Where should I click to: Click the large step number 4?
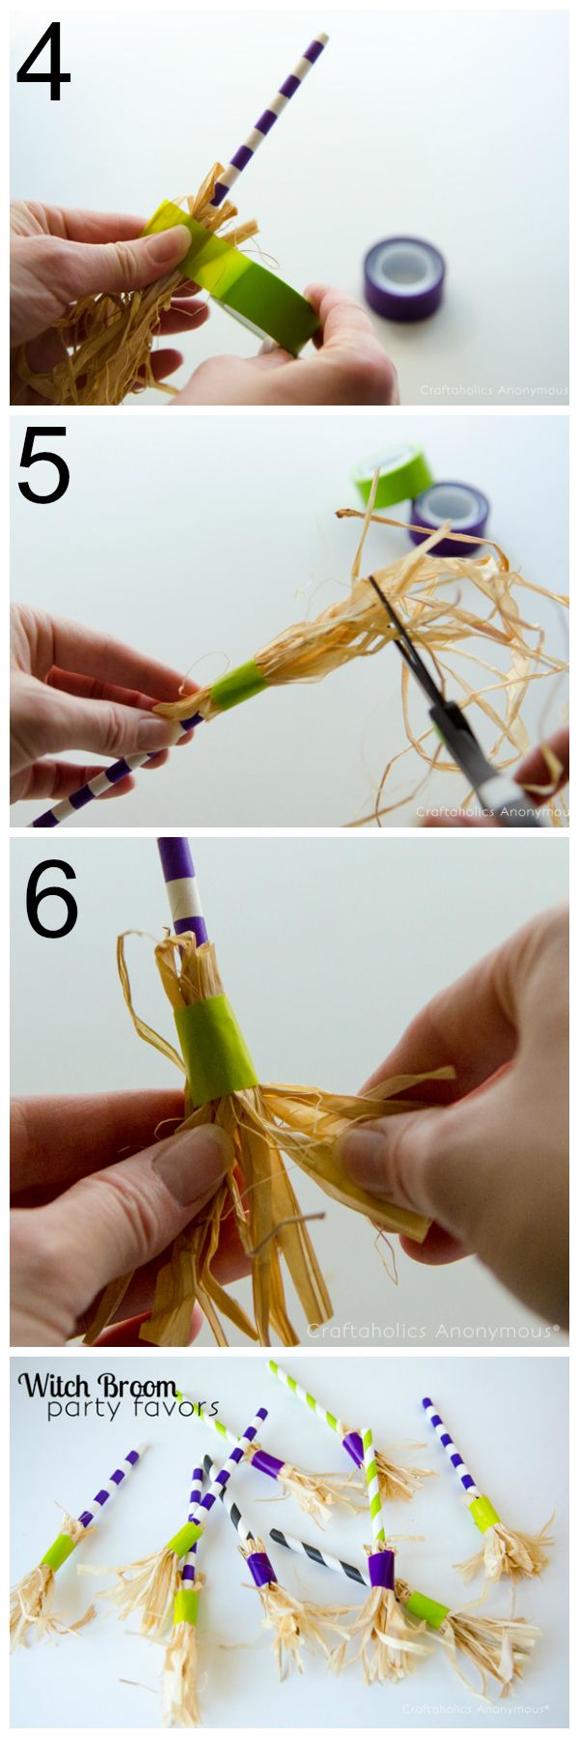click(x=43, y=67)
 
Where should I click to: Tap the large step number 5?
click(x=43, y=470)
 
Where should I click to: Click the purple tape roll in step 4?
click(x=403, y=281)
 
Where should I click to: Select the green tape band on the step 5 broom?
click(x=236, y=685)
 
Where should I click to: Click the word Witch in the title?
click(x=59, y=1387)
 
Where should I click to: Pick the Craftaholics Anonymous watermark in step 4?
click(x=492, y=391)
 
